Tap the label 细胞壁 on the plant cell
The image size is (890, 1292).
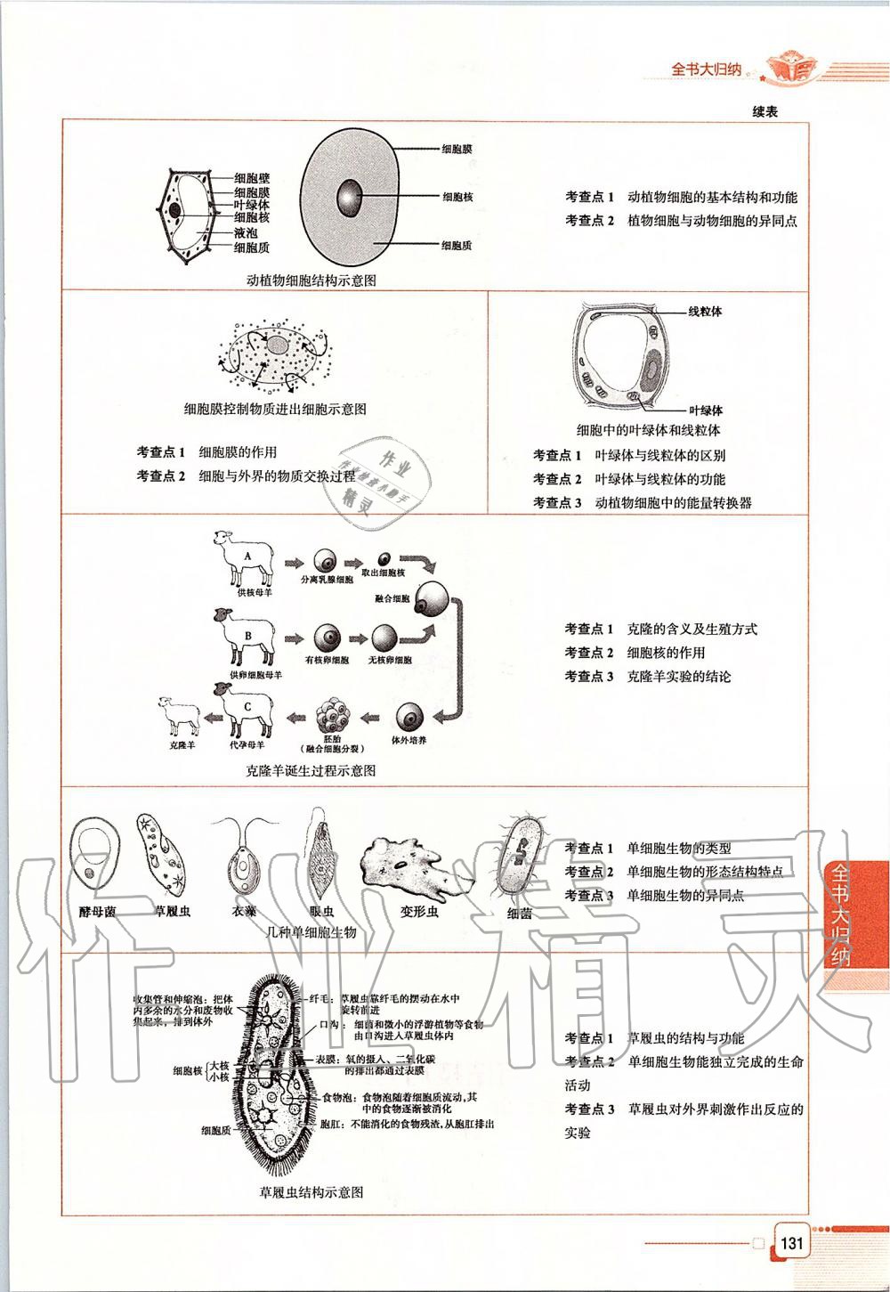[252, 179]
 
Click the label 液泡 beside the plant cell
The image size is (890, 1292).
[246, 232]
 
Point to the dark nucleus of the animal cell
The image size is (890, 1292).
[349, 196]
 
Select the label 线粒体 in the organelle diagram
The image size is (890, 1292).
[704, 312]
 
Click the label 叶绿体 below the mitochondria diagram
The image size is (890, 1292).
[705, 410]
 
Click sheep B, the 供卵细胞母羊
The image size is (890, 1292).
[243, 636]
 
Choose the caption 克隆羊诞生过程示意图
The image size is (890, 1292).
[311, 770]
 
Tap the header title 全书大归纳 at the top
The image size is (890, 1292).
[706, 69]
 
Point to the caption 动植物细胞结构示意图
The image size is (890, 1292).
[311, 280]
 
